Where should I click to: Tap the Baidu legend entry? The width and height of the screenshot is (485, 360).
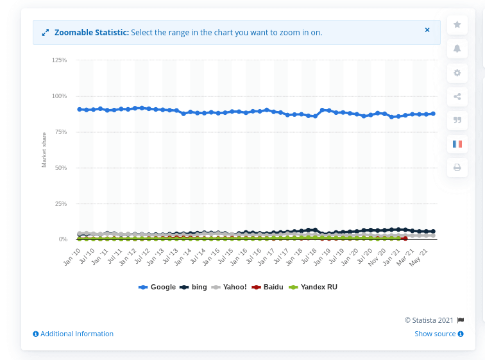coord(269,287)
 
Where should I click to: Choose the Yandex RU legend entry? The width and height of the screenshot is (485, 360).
coord(313,287)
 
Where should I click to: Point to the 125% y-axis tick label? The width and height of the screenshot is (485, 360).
coord(59,60)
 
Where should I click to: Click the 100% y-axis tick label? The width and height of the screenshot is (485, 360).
coord(59,96)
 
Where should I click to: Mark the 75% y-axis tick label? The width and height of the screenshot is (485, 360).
coord(60,132)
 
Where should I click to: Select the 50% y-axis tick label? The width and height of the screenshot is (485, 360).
coord(60,167)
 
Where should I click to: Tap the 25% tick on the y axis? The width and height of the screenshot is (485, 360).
coord(60,203)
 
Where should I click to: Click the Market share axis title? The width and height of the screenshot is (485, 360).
coord(44,150)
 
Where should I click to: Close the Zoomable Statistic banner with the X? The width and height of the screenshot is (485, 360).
coord(427,30)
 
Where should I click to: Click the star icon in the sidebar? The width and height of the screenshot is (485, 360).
coord(457,24)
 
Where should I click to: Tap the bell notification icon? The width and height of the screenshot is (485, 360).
coord(457,48)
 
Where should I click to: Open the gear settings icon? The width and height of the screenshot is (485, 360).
coord(457,73)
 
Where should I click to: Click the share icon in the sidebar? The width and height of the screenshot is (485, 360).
coord(457,97)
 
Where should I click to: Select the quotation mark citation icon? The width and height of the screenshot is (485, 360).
coord(457,120)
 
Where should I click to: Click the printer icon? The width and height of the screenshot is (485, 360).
coord(457,167)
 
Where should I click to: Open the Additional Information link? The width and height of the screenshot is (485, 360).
coord(73,334)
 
